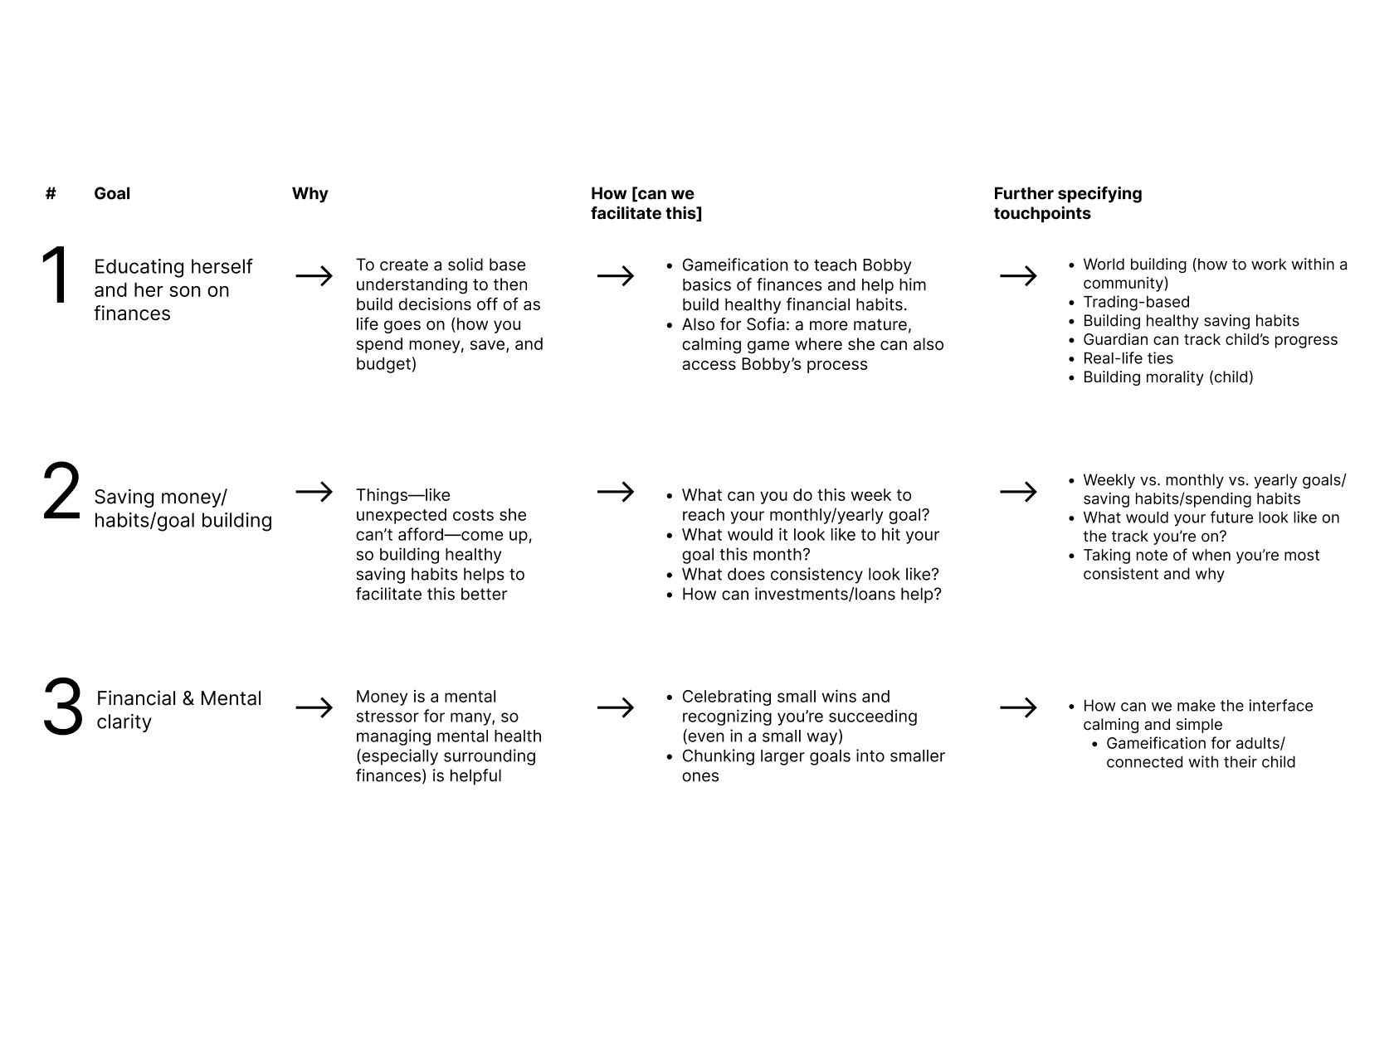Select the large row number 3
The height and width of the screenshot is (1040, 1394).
(x=63, y=707)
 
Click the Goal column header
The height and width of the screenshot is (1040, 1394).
(x=112, y=193)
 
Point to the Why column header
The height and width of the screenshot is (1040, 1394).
(x=310, y=193)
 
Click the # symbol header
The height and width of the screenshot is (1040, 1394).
(x=51, y=193)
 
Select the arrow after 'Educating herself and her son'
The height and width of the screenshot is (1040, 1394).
(x=314, y=275)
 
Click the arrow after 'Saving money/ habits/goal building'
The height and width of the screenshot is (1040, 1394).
(x=314, y=492)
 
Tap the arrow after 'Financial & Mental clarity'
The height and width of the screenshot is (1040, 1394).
(x=314, y=707)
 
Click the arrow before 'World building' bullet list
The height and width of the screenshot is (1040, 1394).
(x=1018, y=275)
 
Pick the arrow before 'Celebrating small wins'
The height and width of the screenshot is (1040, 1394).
(x=615, y=707)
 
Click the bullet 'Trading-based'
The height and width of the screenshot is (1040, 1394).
(x=1136, y=302)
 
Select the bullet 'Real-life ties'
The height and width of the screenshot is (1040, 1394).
(x=1128, y=358)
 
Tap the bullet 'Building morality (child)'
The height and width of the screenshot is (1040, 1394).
(x=1167, y=377)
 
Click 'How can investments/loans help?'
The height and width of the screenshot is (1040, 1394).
(x=811, y=595)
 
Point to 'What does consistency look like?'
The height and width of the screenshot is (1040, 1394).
(x=810, y=575)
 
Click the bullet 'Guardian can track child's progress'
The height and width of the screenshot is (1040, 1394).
(x=1210, y=340)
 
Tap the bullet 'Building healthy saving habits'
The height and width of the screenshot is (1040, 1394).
(x=1191, y=321)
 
